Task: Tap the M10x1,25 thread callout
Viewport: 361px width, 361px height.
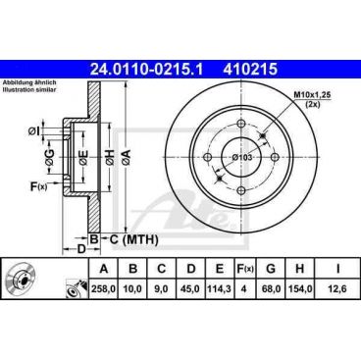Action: tap(313, 94)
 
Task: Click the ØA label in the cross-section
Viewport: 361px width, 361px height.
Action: tap(129, 156)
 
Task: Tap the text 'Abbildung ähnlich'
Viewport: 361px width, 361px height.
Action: tap(27, 86)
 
